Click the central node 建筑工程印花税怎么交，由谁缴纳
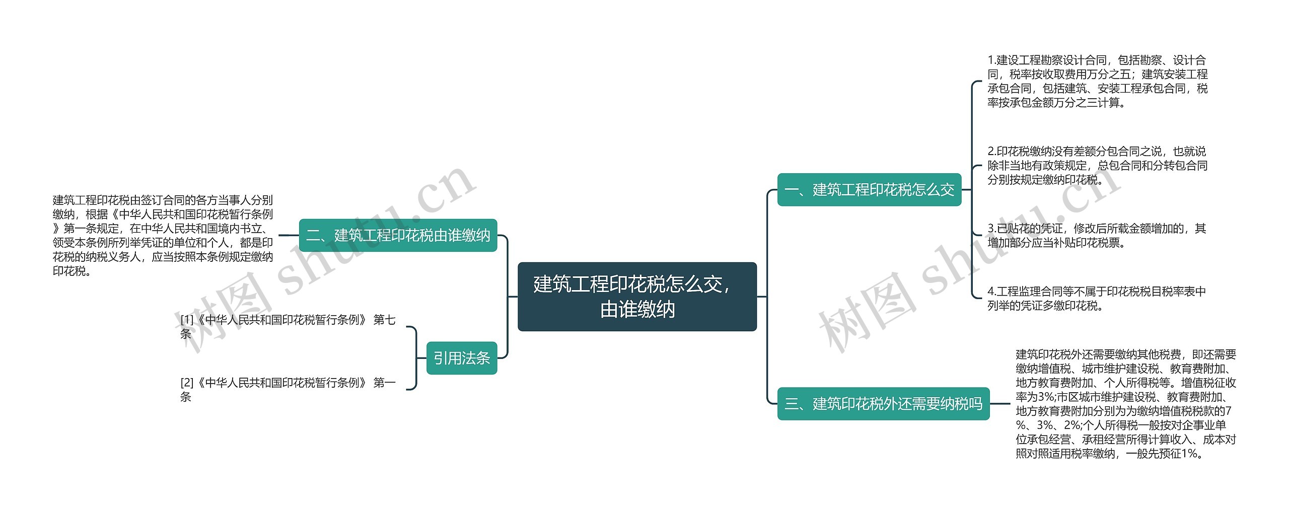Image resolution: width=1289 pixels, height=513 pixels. click(637, 297)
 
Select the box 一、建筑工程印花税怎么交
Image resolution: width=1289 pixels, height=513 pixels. click(869, 190)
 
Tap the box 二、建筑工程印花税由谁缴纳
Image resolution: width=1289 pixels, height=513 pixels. click(398, 235)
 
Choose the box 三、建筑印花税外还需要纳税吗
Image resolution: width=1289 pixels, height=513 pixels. click(883, 403)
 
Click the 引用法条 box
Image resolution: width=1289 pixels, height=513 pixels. click(461, 358)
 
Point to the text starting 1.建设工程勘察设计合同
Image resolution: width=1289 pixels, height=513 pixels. click(1097, 82)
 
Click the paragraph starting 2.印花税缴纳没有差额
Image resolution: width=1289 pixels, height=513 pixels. click(1097, 166)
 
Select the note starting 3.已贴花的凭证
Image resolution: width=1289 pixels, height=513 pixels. click(1096, 236)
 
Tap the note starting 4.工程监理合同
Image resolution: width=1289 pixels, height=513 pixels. click(1096, 299)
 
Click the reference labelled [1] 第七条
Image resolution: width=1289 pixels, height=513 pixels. click(288, 326)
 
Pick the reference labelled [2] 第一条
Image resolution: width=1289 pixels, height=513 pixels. click(288, 389)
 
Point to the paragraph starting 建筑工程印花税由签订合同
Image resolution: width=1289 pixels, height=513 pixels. click(163, 236)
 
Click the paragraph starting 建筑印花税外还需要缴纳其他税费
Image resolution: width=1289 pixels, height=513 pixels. click(1125, 404)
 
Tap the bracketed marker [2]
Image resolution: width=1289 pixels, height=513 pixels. click(187, 383)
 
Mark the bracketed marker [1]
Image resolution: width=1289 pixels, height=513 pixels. click(187, 320)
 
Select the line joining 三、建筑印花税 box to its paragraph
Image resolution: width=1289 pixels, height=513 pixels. click(1000, 403)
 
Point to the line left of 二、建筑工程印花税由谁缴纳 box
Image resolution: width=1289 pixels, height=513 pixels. click(289, 235)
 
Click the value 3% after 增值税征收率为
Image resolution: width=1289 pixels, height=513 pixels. click(1045, 397)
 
